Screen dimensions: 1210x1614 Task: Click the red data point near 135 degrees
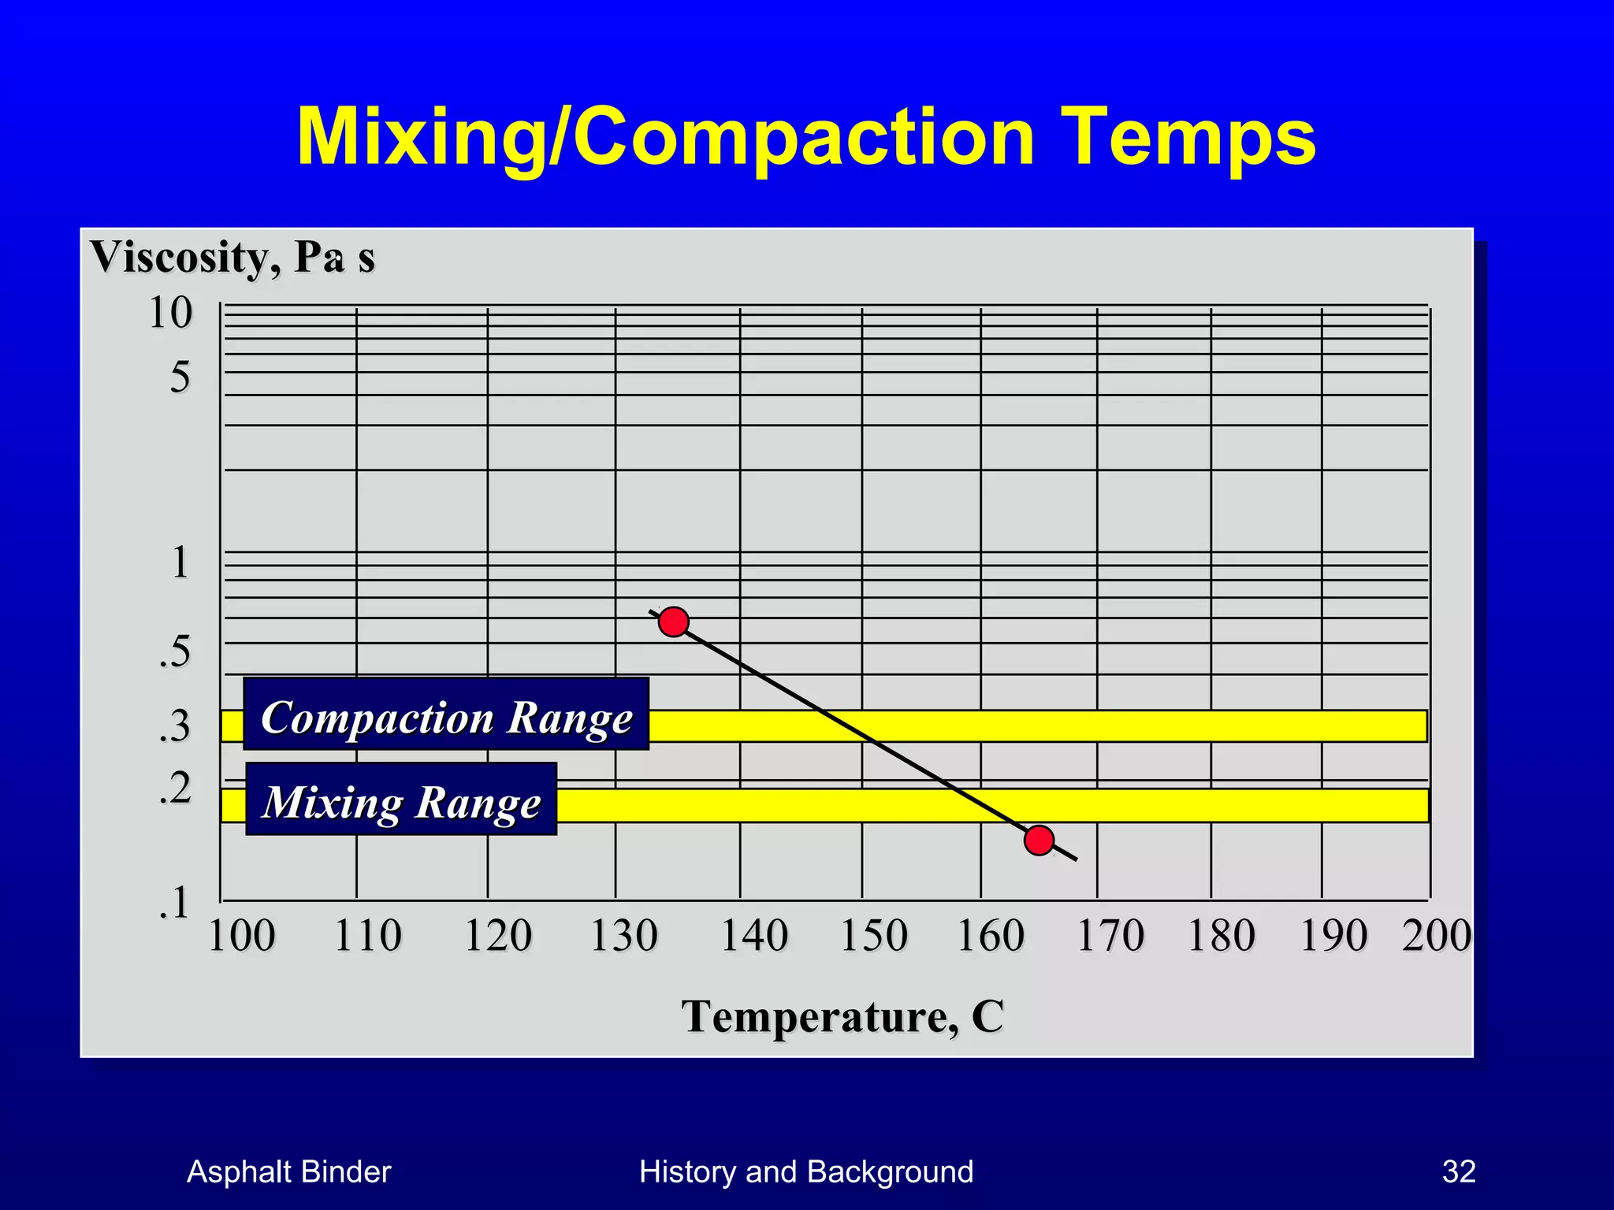coord(674,622)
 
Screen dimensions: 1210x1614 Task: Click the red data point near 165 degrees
coord(1039,841)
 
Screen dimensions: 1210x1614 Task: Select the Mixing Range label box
coord(401,800)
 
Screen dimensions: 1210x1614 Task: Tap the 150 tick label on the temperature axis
coord(873,936)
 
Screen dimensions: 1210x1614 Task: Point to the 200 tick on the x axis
coord(1436,936)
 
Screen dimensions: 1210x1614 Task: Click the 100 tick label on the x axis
coord(241,936)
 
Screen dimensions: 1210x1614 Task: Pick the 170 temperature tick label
coord(1110,936)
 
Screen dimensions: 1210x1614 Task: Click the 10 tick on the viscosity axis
coord(170,313)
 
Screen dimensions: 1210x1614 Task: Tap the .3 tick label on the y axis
coord(174,726)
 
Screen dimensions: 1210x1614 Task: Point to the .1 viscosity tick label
coord(173,903)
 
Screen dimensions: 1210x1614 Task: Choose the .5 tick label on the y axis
coord(174,651)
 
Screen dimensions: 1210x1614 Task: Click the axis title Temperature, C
coord(842,1016)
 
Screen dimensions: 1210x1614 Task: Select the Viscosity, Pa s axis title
coord(232,257)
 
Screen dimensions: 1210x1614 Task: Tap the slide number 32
coord(1459,1171)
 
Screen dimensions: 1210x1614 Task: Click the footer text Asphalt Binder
coord(288,1171)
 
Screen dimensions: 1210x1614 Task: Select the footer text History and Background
coord(806,1171)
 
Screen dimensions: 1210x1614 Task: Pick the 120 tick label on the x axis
coord(497,936)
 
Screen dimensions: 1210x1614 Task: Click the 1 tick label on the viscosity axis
coord(180,562)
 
